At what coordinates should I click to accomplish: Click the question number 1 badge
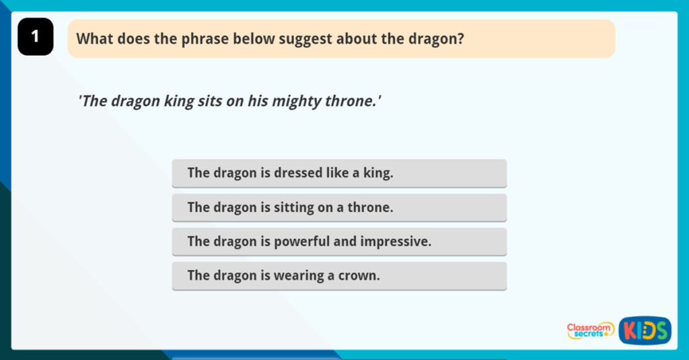(x=36, y=37)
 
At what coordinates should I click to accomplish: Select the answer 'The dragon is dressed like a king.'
(x=339, y=173)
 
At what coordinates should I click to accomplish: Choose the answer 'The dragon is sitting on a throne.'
(x=339, y=207)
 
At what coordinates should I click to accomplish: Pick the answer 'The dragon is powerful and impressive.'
(x=339, y=242)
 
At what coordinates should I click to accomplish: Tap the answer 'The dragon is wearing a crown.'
(x=339, y=276)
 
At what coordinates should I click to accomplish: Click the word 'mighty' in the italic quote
(x=300, y=102)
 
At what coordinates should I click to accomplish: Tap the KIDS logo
(x=645, y=330)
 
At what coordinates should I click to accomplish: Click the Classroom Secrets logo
(x=590, y=330)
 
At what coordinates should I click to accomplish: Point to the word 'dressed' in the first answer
(x=298, y=173)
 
